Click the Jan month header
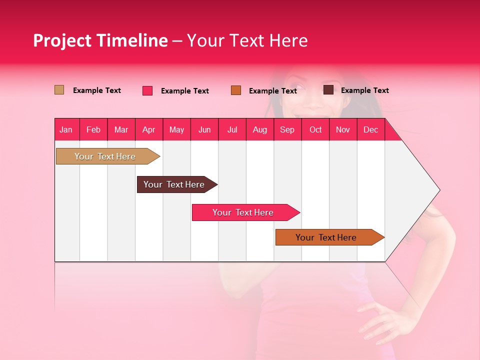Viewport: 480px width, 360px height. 66,129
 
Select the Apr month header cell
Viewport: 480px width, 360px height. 149,129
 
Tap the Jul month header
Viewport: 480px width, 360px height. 232,129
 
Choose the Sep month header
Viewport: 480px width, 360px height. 287,129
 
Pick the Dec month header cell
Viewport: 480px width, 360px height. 370,129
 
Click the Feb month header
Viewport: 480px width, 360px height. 93,129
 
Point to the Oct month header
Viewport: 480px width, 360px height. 315,129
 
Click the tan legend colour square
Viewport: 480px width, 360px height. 59,90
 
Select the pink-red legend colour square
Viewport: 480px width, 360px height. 147,90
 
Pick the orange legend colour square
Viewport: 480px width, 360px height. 236,90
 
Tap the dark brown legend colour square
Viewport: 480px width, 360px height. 328,90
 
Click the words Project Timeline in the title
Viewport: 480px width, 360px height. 100,40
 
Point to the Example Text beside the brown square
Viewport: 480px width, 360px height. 364,90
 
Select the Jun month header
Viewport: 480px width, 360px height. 204,129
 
